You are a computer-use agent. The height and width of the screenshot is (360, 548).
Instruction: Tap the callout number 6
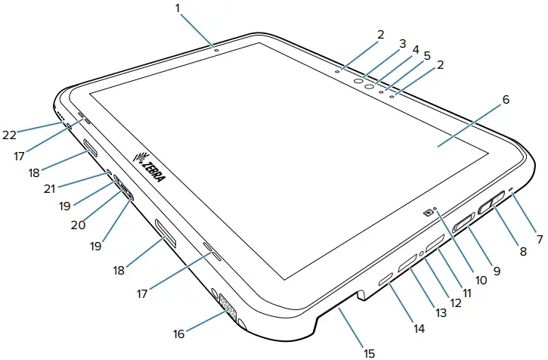click(506, 99)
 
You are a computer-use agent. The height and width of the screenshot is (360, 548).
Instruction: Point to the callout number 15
click(370, 352)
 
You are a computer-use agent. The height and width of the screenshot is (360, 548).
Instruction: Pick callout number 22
click(9, 135)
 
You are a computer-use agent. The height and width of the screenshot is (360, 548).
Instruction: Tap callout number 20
click(77, 224)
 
